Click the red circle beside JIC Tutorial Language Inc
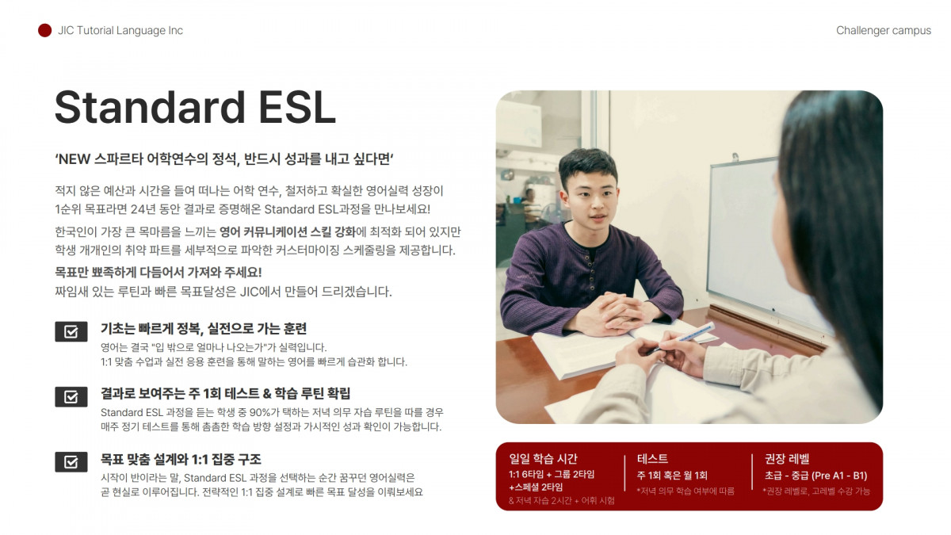pyautogui.click(x=44, y=31)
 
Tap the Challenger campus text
pyautogui.click(x=884, y=31)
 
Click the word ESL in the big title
pyautogui.click(x=296, y=107)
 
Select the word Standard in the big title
pyautogui.click(x=150, y=107)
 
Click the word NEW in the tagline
pyautogui.click(x=74, y=159)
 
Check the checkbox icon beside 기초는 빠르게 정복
pyautogui.click(x=71, y=331)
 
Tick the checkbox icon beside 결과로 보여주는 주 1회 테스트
pyautogui.click(x=71, y=396)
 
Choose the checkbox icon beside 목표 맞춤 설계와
pyautogui.click(x=71, y=462)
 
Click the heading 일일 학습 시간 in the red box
pyautogui.click(x=543, y=459)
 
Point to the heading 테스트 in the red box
pyautogui.click(x=652, y=459)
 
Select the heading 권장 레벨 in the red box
pyautogui.click(x=787, y=459)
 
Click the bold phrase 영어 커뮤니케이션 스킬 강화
pyautogui.click(x=288, y=231)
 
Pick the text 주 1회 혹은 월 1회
pyautogui.click(x=672, y=476)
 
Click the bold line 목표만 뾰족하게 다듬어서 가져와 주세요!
pyautogui.click(x=158, y=272)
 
